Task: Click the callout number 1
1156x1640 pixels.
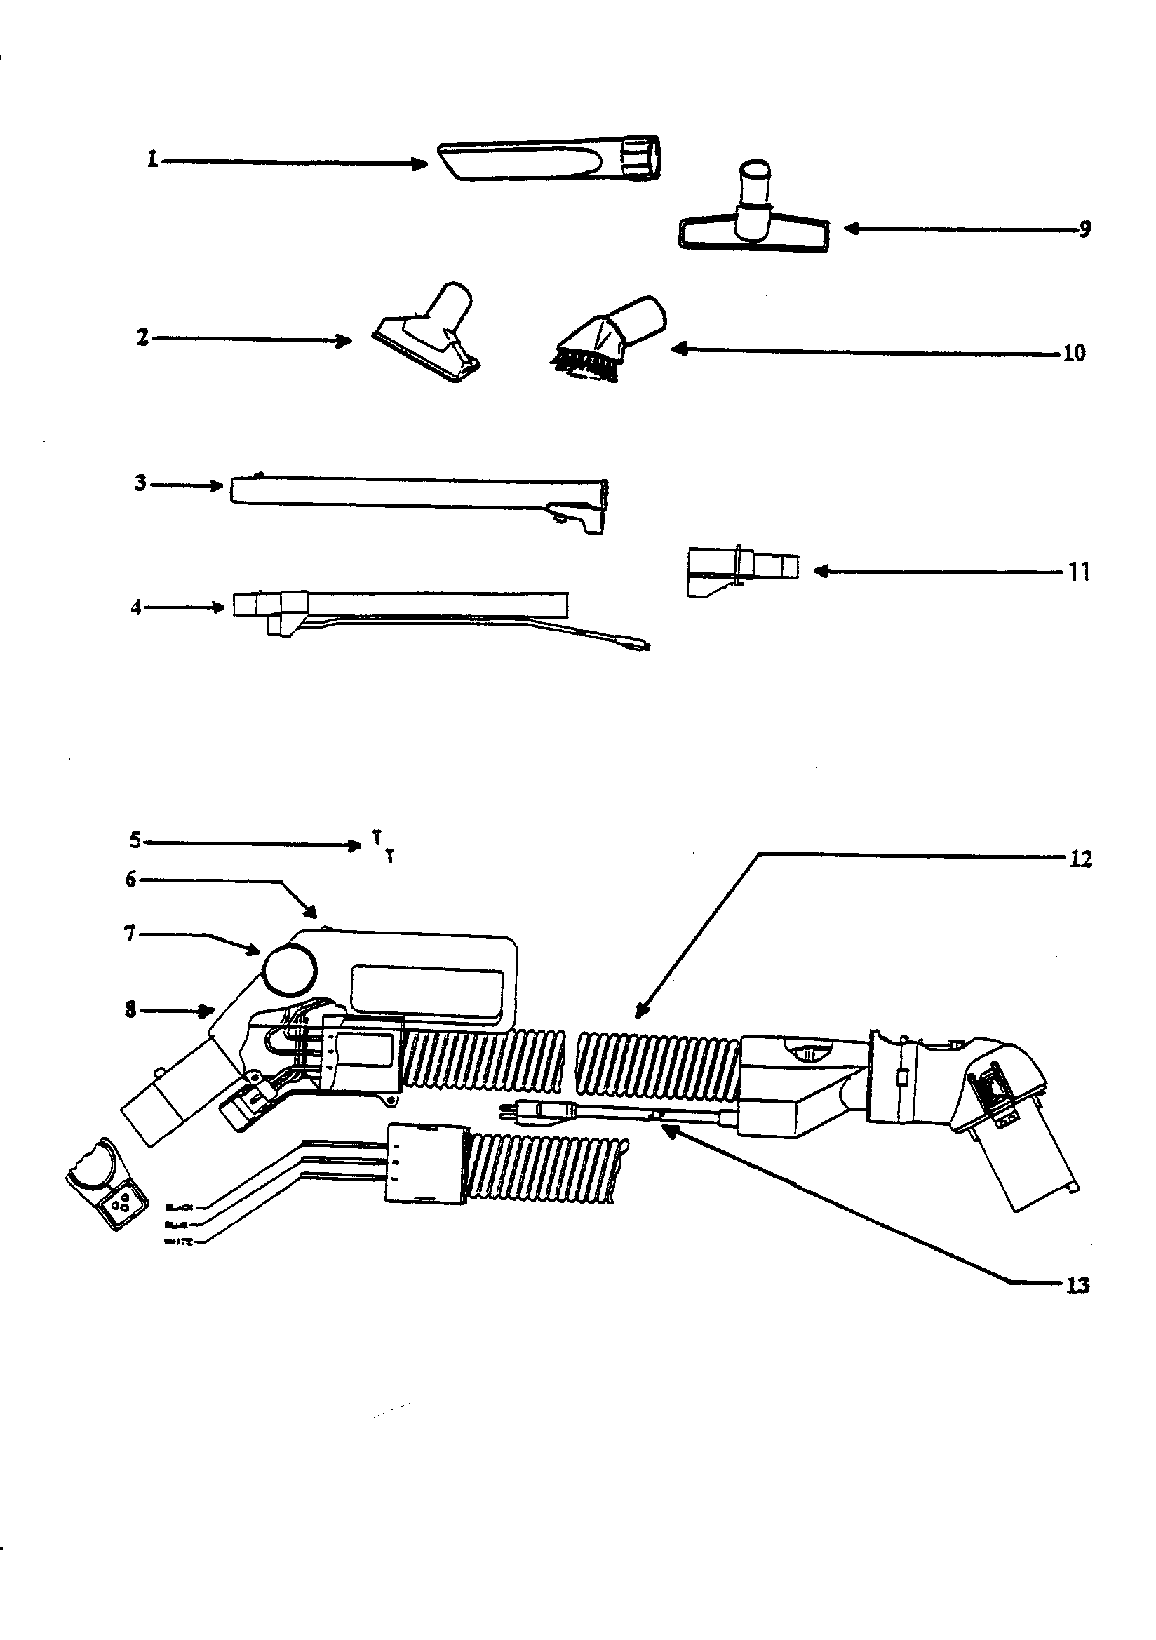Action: point(152,159)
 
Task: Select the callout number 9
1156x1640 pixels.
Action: point(1084,229)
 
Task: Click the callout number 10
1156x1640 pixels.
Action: point(1074,353)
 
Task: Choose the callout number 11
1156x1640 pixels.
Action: point(1079,572)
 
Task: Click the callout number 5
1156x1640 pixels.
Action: point(135,840)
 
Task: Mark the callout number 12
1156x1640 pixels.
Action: point(1081,859)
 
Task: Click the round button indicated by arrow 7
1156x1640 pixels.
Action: point(290,968)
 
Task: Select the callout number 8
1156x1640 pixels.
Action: point(130,1010)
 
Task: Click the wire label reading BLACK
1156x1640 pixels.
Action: point(178,1207)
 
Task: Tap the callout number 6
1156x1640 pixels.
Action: point(130,880)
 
